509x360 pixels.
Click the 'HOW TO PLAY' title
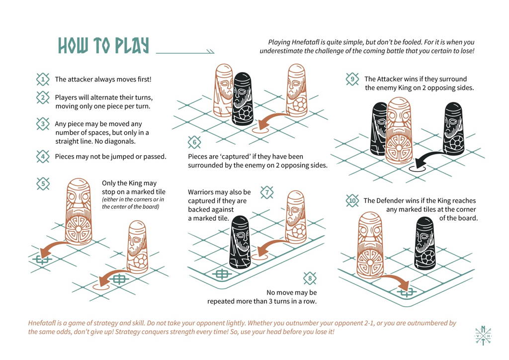103,45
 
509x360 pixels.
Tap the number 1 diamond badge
43,79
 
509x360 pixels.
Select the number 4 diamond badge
43,157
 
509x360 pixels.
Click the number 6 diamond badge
194,143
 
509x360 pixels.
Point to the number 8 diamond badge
310,278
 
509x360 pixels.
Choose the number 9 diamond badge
352,79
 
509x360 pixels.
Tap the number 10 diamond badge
352,201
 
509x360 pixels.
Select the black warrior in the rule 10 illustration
425,242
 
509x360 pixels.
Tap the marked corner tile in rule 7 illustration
221,273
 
